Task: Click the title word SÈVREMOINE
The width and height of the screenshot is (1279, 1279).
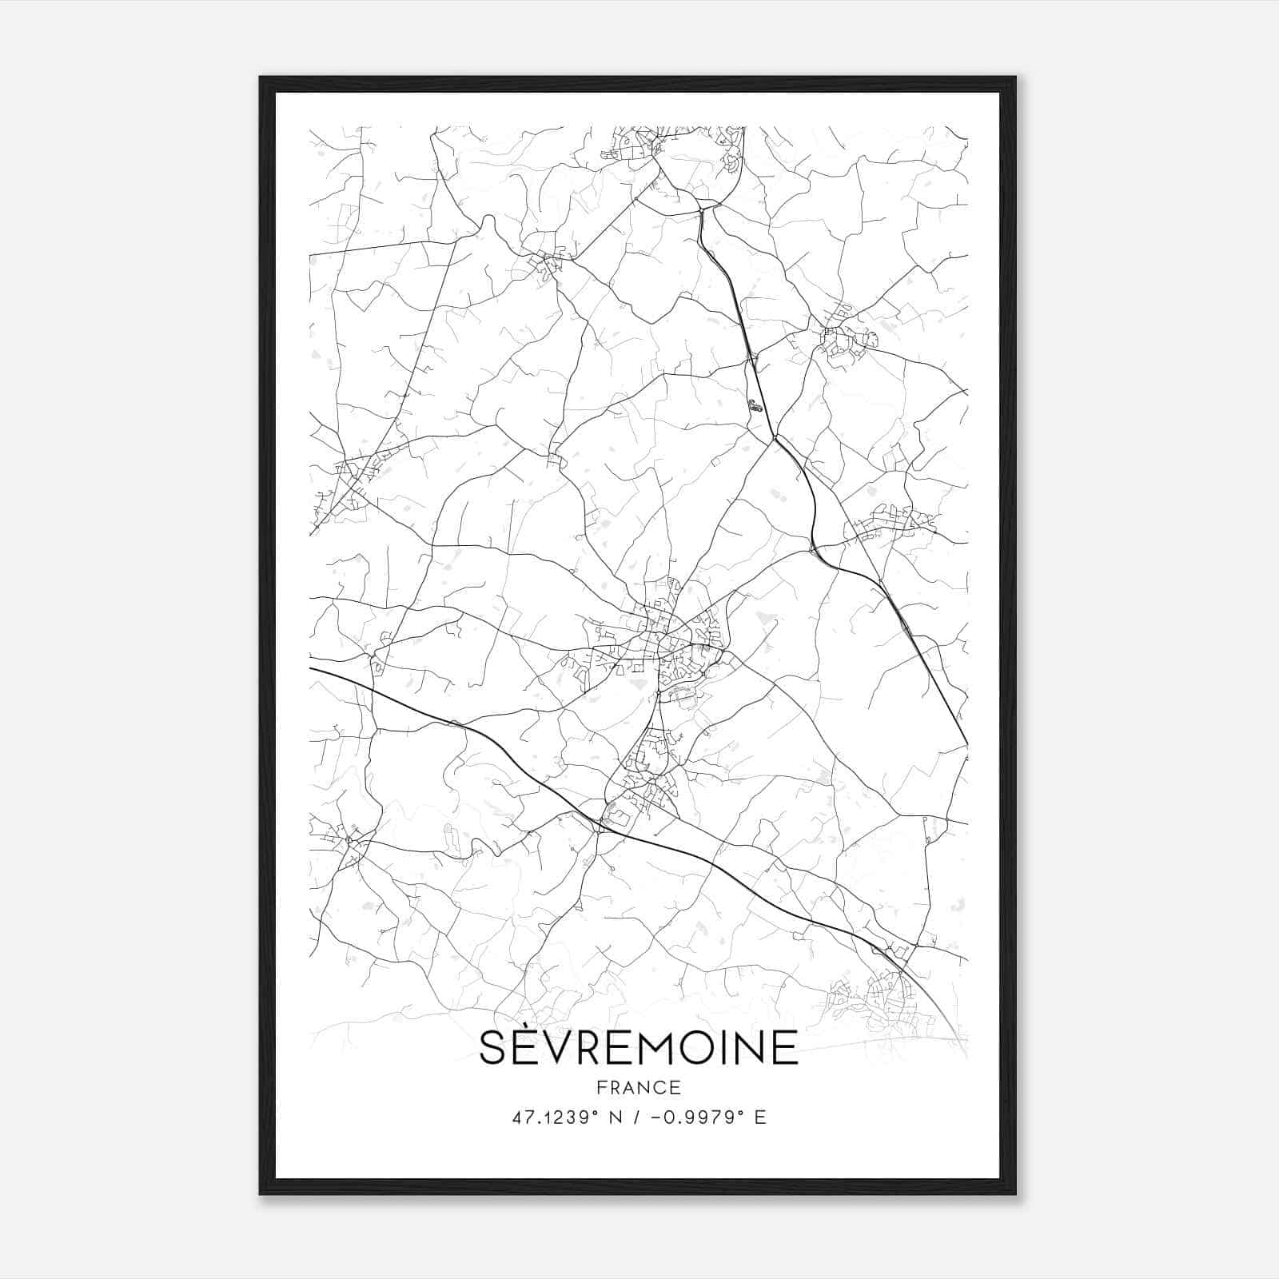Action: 638,1046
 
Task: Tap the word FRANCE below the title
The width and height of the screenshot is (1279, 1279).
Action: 638,1087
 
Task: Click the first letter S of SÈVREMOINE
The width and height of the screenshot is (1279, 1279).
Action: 492,1047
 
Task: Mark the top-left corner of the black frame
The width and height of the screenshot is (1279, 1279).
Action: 261,78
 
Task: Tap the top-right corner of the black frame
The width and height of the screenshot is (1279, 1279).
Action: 1015,78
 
